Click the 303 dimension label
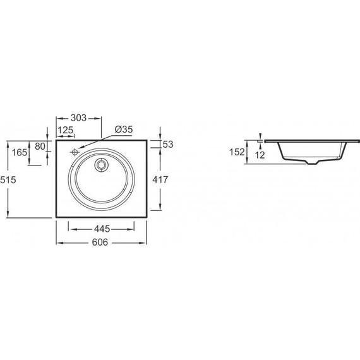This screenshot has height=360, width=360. coord(78,117)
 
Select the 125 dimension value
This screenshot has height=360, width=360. coord(66,130)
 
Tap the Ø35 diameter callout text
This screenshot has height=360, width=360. coord(124,129)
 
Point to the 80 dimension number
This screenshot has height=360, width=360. coord(40,146)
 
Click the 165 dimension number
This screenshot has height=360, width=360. coord(20,152)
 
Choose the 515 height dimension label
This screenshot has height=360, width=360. coord(8,180)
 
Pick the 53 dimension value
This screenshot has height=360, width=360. coord(168,144)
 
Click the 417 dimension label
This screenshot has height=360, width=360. coord(160,179)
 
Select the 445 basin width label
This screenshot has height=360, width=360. coord(102,229)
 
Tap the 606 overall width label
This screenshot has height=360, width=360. coord(100,243)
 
